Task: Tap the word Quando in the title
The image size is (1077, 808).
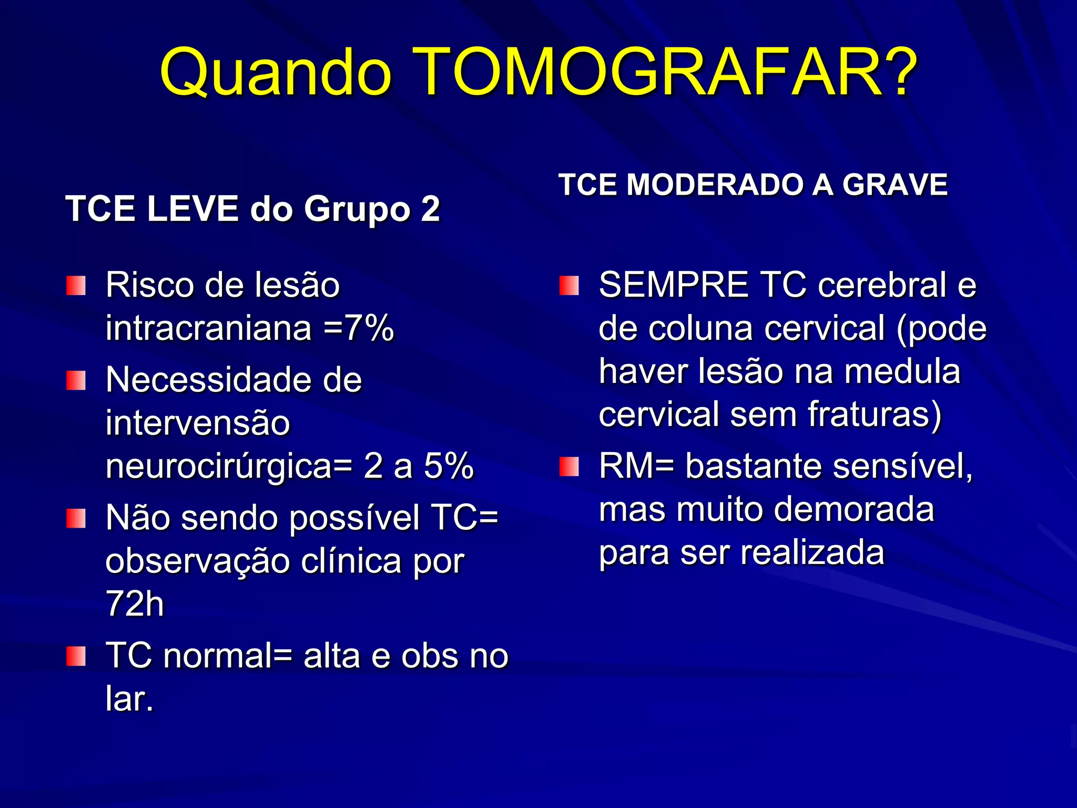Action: point(276,72)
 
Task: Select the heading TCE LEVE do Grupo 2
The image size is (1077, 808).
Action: point(252,209)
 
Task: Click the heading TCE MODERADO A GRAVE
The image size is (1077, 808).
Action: point(753,185)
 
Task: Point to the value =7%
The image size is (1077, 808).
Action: point(359,328)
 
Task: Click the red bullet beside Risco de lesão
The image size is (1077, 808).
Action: point(76,286)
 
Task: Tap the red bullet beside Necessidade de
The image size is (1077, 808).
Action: point(76,380)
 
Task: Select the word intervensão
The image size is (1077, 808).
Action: point(198,423)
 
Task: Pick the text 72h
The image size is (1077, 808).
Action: point(135,604)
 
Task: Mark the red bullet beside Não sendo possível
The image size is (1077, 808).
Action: point(76,518)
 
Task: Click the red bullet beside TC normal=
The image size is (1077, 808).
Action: point(76,656)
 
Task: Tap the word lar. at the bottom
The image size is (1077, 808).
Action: point(129,700)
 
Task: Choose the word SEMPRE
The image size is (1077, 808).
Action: point(673,285)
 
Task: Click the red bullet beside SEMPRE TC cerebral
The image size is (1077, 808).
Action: point(569,286)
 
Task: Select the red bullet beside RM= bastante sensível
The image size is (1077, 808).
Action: point(569,467)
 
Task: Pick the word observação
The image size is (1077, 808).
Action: point(198,561)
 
